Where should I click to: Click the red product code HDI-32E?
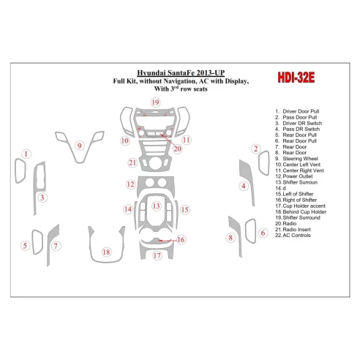[x=296, y=78]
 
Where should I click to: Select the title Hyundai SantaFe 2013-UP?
[x=181, y=72]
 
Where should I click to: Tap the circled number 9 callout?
[x=79, y=146]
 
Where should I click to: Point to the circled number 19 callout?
[x=155, y=102]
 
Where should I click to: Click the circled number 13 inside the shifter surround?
[x=156, y=206]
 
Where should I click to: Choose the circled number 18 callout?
[x=106, y=252]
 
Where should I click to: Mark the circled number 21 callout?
[x=132, y=162]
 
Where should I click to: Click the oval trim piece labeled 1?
[x=16, y=170]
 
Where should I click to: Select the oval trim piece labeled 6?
[x=246, y=231]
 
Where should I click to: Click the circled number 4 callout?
[x=244, y=186]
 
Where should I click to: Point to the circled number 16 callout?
[x=181, y=239]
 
